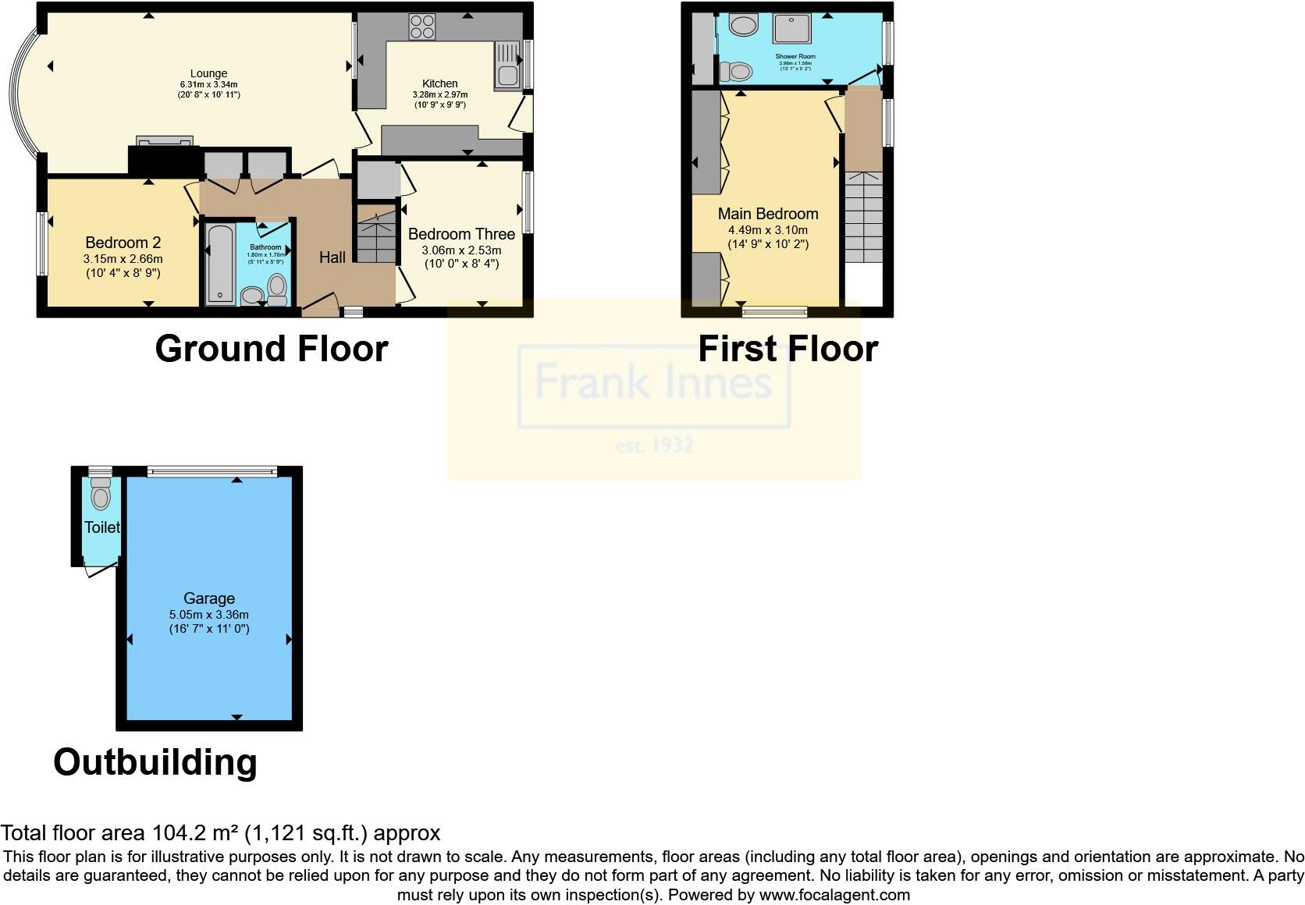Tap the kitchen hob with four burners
coord(422,27)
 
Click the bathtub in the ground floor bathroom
coord(220,264)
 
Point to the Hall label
coord(332,257)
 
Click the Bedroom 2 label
coord(123,243)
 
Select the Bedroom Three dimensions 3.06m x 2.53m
coord(461,250)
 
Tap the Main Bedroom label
coord(768,214)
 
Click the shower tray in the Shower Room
coord(791,28)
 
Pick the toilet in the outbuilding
coord(101,495)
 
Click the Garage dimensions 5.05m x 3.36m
coord(209,615)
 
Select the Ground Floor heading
coord(272,349)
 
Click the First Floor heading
coord(788,349)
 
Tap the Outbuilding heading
coord(155,762)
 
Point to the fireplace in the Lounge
coord(164,141)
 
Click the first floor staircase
coord(863,218)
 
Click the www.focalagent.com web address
coord(834,895)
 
